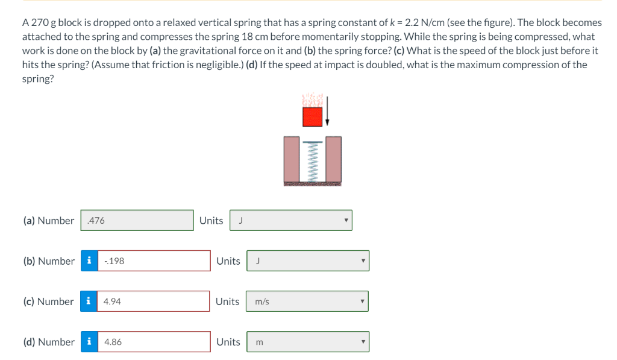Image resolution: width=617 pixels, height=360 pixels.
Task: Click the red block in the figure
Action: coord(313,117)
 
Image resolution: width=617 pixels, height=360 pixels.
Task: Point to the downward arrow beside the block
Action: coord(327,111)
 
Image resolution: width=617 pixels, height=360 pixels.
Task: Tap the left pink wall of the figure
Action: coord(292,159)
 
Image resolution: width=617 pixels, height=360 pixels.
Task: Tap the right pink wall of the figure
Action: coord(333,159)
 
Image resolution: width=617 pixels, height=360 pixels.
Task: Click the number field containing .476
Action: coord(137,220)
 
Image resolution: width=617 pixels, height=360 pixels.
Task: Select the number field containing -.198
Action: coord(154,261)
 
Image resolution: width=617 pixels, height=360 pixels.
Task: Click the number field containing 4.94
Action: coord(153,302)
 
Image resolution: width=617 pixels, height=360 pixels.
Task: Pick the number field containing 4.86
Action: coord(154,342)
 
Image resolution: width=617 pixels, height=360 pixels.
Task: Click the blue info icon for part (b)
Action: coord(89,261)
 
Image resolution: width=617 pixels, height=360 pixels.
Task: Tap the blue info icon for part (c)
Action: coord(89,302)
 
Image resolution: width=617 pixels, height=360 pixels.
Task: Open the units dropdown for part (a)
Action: coord(291,220)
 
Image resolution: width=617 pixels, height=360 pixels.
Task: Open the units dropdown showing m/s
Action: coord(307,302)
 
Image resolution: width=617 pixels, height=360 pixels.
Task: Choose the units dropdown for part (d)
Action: coord(308,342)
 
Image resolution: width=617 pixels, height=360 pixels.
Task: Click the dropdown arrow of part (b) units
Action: coord(363,261)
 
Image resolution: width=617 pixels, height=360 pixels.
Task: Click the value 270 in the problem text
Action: coord(40,22)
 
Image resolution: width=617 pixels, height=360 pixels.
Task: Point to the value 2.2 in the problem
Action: coord(412,22)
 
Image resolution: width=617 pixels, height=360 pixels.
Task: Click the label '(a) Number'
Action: coord(49,221)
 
